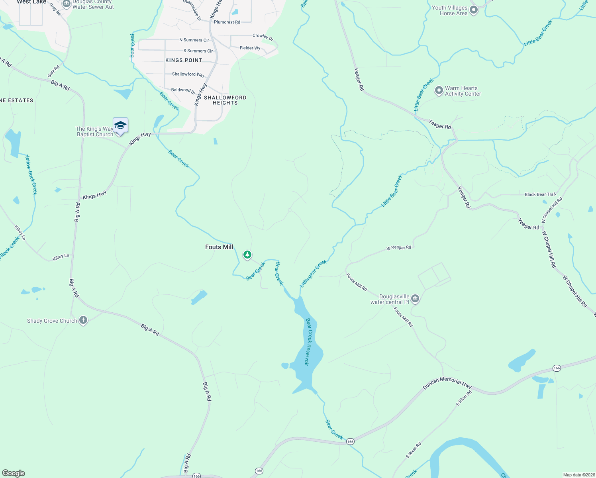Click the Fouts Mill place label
coord(219,247)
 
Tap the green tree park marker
coord(247,255)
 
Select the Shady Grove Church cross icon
coord(83,320)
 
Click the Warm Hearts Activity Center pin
coord(439,90)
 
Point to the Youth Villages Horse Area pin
coord(473,10)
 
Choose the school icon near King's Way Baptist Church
coord(120,126)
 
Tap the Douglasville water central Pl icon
coord(415,298)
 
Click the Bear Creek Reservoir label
coord(308,342)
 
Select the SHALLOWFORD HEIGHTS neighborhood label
coord(225,100)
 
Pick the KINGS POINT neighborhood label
coord(184,60)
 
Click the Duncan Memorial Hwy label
coord(447,382)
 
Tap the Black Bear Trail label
coord(540,194)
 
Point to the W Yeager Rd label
coord(398,248)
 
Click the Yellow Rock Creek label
coord(31,174)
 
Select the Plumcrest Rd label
coord(227,22)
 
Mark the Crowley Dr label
coord(263,37)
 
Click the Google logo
coord(13,473)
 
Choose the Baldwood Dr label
coord(183,90)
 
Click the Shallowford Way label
coord(188,74)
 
